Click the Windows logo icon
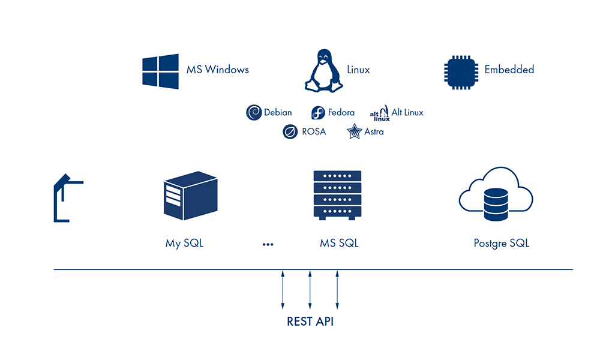coord(160,71)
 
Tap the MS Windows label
coord(217,70)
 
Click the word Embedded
coord(509,70)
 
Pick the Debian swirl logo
coord(254,112)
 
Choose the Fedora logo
coord(318,113)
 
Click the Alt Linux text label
coord(407,112)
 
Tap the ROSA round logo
coord(290,131)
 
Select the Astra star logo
coord(354,131)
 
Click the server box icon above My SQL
coord(190,196)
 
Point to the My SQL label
coord(184,244)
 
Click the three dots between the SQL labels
coord(268,244)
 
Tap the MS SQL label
coord(339,244)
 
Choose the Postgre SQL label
coord(501,244)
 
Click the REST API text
coord(310,322)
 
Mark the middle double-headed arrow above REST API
coord(310,289)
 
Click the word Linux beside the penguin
coord(358,70)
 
